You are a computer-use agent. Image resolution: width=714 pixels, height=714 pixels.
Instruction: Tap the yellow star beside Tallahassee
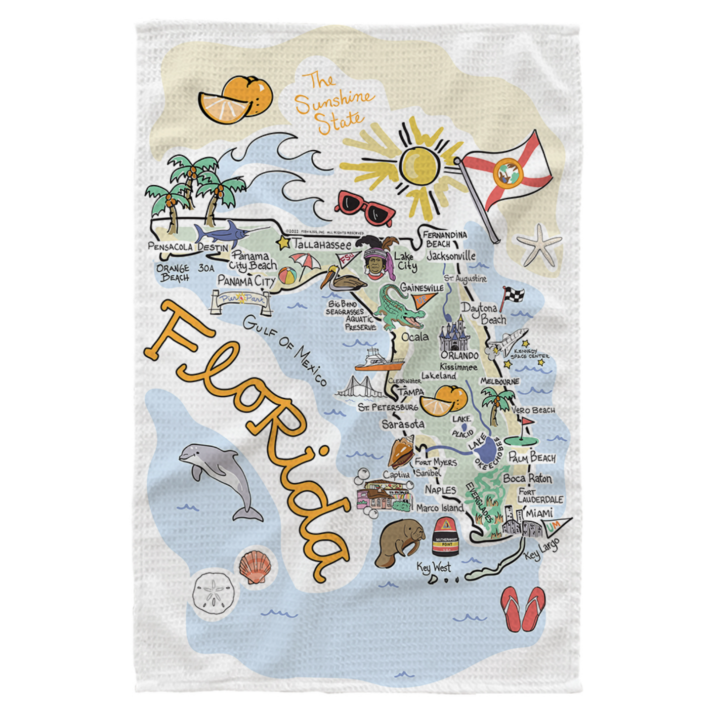click(x=284, y=243)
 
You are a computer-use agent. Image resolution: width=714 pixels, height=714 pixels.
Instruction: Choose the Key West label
click(x=434, y=567)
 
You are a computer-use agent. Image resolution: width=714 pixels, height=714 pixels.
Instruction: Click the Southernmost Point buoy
click(x=446, y=538)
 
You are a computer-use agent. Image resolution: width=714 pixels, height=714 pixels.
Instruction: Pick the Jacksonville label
click(x=451, y=256)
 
